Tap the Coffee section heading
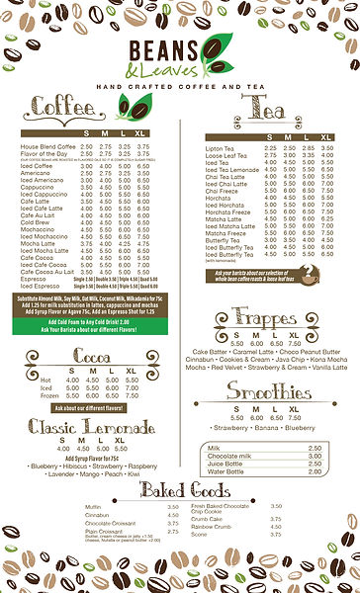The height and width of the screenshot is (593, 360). click(64, 106)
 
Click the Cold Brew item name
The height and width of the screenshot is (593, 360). click(36, 222)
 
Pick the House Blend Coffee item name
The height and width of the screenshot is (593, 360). click(47, 146)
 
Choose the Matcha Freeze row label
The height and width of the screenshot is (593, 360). click(226, 232)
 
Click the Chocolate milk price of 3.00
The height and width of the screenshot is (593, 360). click(315, 428)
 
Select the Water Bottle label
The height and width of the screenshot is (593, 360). click(225, 444)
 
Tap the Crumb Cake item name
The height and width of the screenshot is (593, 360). click(207, 518)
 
